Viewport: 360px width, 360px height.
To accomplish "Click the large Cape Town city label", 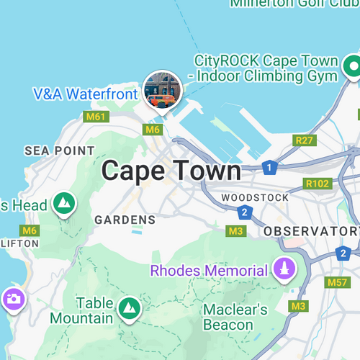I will click(x=171, y=171).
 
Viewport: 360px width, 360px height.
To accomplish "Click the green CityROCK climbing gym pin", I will click(x=353, y=68).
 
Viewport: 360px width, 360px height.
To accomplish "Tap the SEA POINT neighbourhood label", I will click(x=59, y=150).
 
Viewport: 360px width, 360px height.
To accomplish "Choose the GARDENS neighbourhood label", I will click(x=125, y=219).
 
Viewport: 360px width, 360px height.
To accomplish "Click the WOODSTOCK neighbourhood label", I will click(x=255, y=197).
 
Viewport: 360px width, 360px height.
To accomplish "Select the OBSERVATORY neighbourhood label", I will click(x=311, y=231).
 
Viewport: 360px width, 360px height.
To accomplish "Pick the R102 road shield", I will click(x=317, y=184).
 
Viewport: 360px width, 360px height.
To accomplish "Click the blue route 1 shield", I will click(x=269, y=168).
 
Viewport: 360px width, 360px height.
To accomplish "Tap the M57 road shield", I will click(x=338, y=282).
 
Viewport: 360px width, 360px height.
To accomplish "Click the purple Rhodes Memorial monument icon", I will click(x=285, y=270).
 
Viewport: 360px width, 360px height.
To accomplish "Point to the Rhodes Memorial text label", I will click(x=209, y=271).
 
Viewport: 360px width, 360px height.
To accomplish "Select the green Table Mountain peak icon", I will click(x=128, y=307).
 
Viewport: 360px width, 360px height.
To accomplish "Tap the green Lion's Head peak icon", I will click(x=64, y=204).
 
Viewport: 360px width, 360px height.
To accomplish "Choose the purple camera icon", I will click(x=13, y=298).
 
